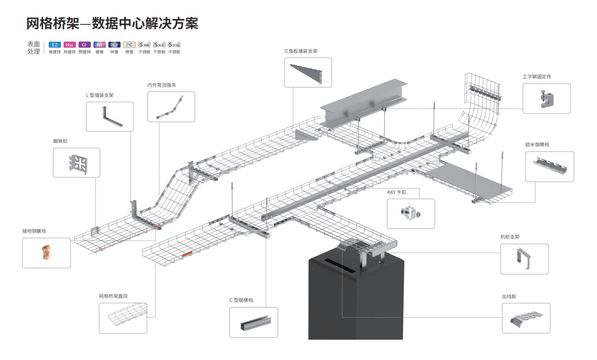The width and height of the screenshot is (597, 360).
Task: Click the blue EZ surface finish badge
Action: coord(55,45)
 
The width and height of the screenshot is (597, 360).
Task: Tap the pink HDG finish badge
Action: coord(70,45)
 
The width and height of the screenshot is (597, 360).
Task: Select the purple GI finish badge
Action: coord(84,45)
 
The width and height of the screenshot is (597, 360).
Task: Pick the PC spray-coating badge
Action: coord(129,45)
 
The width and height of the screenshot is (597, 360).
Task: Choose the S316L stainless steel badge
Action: coord(174,45)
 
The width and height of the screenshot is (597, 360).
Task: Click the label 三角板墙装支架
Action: coord(301,51)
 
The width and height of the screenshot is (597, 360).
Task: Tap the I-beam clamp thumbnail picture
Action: coord(547,98)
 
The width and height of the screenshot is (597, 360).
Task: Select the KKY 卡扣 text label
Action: coord(397,192)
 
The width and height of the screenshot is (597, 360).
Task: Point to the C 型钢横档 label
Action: coord(241,300)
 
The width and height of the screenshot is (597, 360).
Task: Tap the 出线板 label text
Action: coord(509,296)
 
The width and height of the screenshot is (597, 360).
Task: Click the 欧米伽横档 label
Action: coord(537,145)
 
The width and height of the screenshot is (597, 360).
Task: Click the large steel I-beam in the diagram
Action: coord(363,105)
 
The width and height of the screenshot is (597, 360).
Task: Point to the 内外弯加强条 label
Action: coord(162,85)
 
